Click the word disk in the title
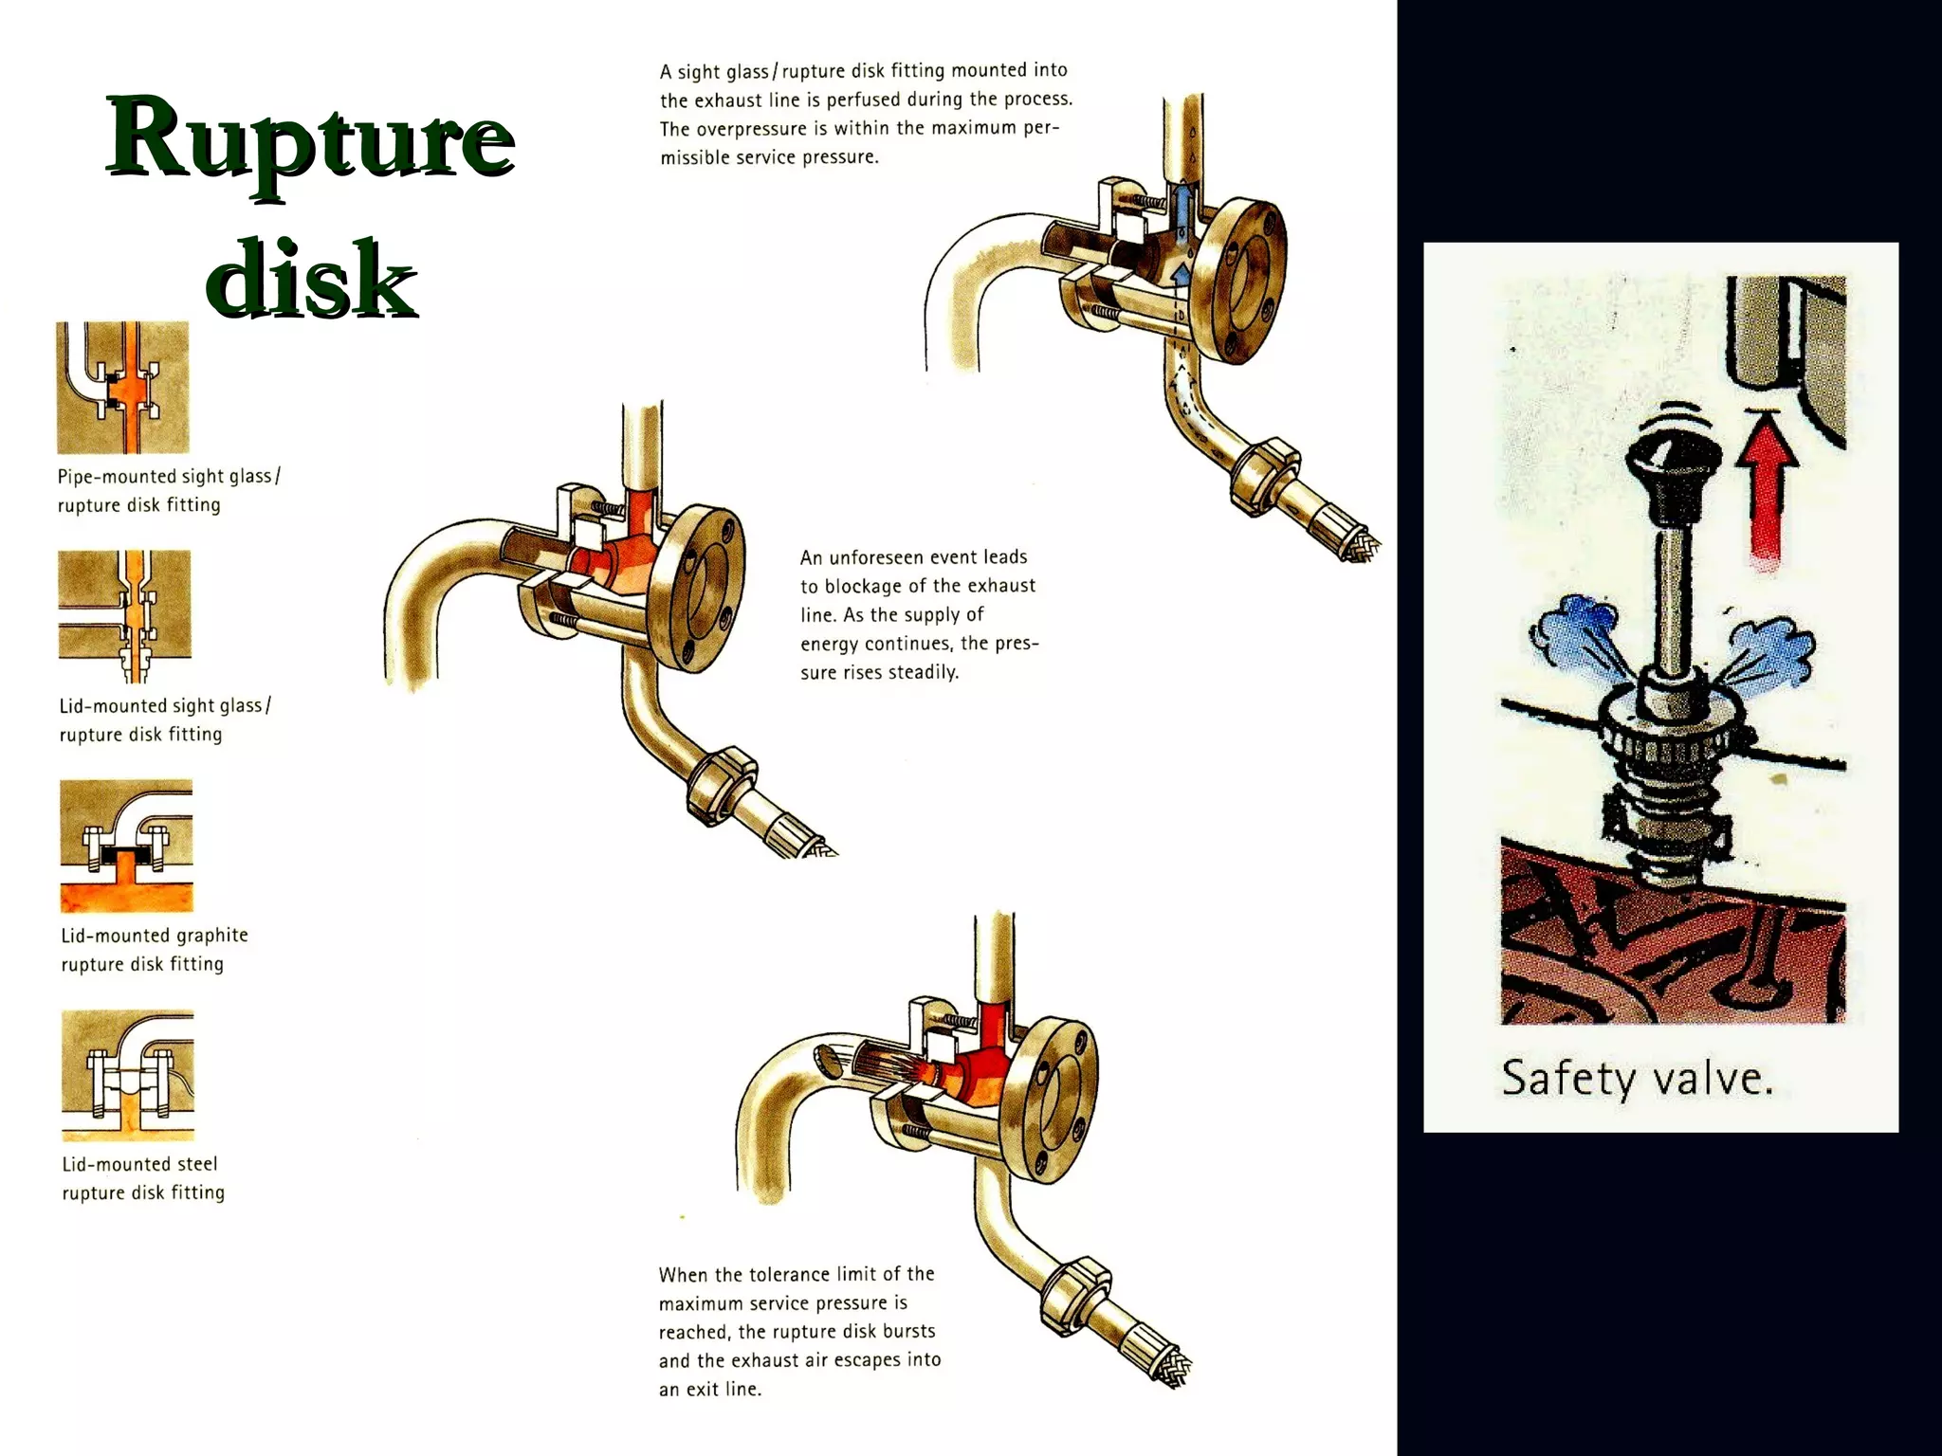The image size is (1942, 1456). tap(311, 277)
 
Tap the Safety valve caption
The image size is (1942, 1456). tap(1638, 1079)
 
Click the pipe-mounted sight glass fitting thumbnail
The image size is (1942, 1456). tap(123, 388)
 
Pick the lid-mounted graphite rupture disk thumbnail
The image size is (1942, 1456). tap(126, 846)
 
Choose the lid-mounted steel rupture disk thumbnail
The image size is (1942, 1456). tap(128, 1075)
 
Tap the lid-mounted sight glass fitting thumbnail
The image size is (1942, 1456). tap(125, 616)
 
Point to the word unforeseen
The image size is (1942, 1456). tap(904, 556)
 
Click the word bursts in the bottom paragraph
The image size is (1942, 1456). tap(908, 1331)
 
